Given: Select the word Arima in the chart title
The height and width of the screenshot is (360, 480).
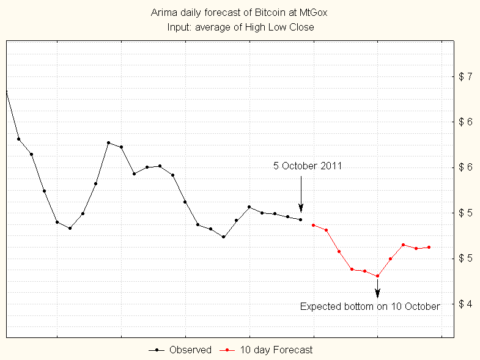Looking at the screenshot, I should tap(162, 12).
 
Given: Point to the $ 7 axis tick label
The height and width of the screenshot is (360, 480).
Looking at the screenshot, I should tap(465, 76).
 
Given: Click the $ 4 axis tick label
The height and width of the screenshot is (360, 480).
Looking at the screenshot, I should tap(465, 304).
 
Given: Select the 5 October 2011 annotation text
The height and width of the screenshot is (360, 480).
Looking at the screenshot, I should tap(307, 166).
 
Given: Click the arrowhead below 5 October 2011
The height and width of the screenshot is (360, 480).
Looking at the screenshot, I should tap(301, 207).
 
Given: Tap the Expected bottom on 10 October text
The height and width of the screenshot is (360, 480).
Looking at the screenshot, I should tap(370, 306).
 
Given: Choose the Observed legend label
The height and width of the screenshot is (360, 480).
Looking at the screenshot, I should tap(190, 350).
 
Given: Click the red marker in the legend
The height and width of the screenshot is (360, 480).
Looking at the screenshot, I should tap(227, 350).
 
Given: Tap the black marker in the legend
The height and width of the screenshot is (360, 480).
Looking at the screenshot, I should tap(157, 350).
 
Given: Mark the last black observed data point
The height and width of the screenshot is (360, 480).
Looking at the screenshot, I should tap(300, 219).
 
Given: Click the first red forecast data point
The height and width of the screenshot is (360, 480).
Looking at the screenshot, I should tap(313, 225).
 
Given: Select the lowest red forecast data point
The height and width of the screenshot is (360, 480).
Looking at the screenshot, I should tap(377, 276).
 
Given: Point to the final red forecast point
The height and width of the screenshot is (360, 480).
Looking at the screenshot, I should tap(429, 247).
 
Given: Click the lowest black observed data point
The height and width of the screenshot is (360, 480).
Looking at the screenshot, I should tap(223, 237).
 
